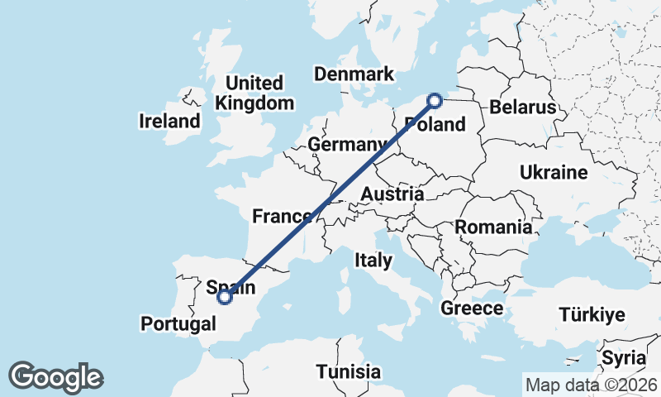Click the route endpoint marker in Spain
224,299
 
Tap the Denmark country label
354,74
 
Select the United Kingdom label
254,93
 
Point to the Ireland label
169,121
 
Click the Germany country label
347,145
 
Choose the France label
282,217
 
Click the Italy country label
373,260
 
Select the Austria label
392,194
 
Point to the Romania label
493,227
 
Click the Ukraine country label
553,173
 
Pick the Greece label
472,309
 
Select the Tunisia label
349,371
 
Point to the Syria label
623,358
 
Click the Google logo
55,377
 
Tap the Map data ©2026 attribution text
591,385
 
